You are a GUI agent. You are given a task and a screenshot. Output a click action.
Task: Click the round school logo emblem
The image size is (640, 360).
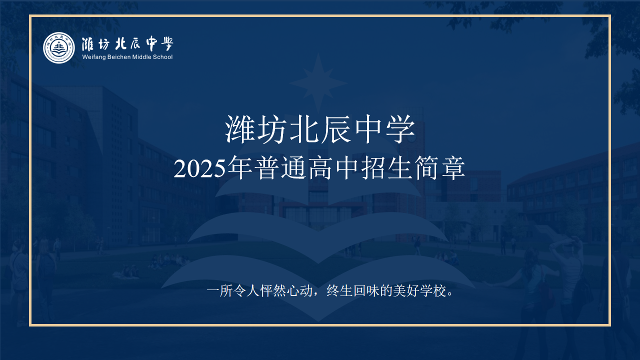[59, 47]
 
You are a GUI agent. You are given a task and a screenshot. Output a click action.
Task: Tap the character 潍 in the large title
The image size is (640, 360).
[239, 129]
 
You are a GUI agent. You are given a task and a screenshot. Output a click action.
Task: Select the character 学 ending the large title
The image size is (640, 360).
[400, 129]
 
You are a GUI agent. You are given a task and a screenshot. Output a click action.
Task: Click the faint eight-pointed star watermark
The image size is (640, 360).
[318, 83]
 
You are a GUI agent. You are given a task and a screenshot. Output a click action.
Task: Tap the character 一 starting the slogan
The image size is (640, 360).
[212, 291]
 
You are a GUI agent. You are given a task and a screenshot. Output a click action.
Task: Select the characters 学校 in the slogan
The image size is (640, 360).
[433, 291]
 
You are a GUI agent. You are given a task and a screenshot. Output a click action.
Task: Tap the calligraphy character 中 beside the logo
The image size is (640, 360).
[152, 43]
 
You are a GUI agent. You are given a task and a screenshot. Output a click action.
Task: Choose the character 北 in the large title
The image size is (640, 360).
[304, 129]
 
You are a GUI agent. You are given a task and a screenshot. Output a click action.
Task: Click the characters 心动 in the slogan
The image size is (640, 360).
[299, 291]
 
